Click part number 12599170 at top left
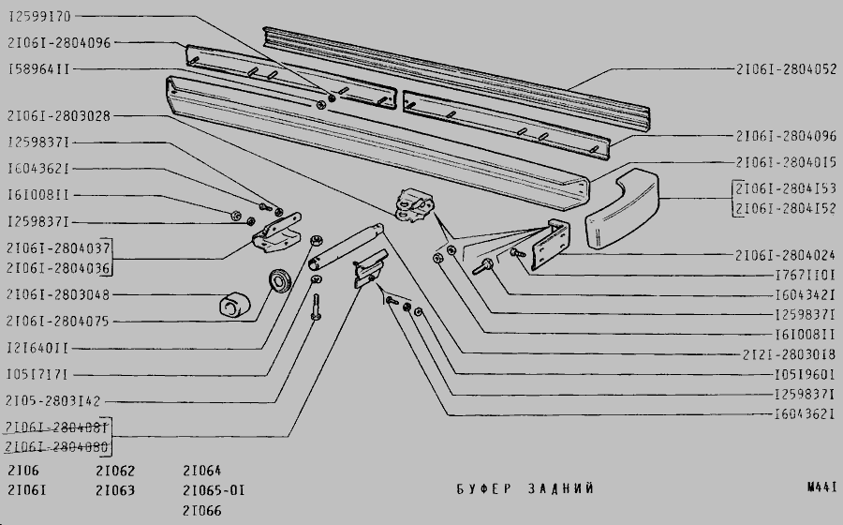[39, 17]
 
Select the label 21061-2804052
[786, 68]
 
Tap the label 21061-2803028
[59, 115]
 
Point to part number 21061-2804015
[786, 162]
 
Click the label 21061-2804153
[786, 188]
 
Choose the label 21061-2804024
[786, 255]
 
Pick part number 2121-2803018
[789, 354]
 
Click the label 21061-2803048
[58, 294]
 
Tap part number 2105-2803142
[52, 400]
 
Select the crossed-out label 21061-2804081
[56, 427]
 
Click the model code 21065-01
[214, 490]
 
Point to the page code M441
[822, 487]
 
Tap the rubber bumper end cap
[622, 209]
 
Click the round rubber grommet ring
[279, 281]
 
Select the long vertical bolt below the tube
[317, 307]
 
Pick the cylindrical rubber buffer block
[235, 305]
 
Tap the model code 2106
[23, 471]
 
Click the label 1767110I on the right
[806, 275]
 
